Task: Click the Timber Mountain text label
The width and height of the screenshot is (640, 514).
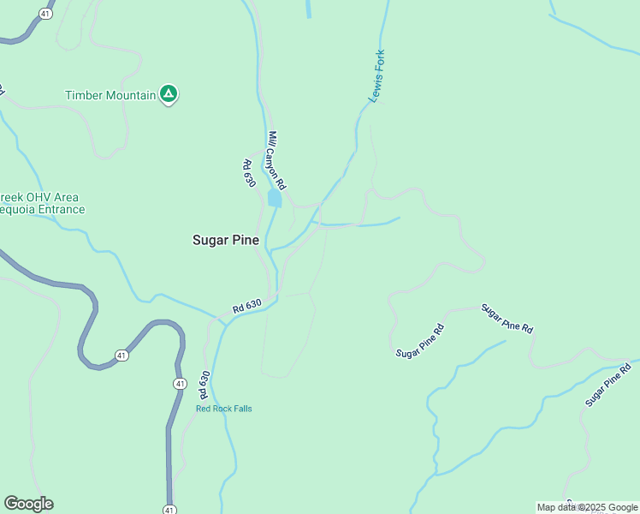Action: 111,95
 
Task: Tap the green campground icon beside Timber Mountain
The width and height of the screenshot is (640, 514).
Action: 169,94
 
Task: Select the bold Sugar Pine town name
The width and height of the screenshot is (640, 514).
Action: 225,241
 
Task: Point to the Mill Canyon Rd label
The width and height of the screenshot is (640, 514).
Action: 276,160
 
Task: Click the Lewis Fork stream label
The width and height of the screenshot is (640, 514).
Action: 377,76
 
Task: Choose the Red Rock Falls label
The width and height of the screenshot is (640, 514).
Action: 224,409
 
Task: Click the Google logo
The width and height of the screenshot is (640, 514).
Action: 28,504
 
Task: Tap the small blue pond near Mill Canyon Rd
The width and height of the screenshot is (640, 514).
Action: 274,199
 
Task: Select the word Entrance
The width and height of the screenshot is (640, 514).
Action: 61,210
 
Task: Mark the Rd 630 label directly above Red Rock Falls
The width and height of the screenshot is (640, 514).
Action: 204,385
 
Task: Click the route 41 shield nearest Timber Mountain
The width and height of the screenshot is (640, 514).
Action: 44,15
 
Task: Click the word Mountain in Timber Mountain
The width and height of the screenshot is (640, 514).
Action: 131,95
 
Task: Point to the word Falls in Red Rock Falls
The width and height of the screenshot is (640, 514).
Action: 241,409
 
